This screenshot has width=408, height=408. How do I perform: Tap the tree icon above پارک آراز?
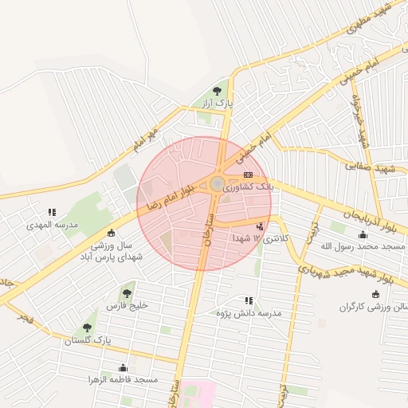point(218,91)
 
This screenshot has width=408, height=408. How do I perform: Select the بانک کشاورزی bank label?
point(249,188)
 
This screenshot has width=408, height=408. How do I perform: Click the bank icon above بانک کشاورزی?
point(248,175)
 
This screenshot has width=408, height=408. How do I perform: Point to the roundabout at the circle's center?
point(217,185)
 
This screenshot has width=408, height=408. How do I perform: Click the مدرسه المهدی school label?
point(53,226)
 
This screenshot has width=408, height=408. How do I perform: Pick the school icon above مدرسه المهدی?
point(52,213)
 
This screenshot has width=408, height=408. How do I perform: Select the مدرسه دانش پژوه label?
point(249,313)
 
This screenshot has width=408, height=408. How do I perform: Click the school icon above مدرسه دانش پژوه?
point(249,300)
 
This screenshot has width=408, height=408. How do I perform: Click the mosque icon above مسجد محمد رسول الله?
point(363,234)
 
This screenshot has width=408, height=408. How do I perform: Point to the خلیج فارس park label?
point(127,306)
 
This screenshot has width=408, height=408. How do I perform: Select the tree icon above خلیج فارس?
point(127,294)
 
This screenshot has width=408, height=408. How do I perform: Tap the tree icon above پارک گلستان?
point(87,328)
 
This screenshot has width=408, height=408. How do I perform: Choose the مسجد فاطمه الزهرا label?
point(123,380)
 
